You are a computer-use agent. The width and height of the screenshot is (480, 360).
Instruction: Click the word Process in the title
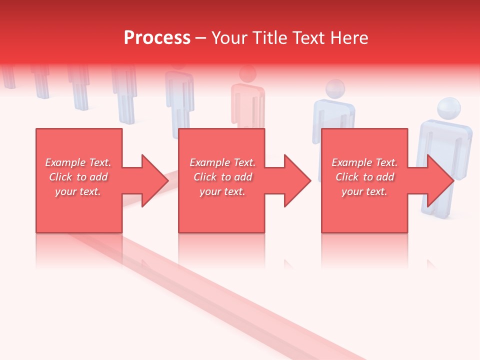coord(157,38)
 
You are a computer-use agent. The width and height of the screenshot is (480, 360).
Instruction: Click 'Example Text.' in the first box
coord(78,162)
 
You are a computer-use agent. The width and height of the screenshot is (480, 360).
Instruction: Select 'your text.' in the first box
coord(78,191)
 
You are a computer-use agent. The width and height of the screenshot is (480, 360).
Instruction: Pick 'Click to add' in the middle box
coord(222,177)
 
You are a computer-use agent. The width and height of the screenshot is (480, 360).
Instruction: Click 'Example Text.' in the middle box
coord(222,162)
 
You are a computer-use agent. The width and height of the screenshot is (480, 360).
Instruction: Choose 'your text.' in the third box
coord(364,191)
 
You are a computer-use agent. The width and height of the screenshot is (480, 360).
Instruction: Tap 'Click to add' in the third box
coord(364,177)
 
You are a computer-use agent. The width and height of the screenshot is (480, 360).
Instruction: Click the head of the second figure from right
coord(335,89)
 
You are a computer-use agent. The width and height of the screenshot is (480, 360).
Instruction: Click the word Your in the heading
coord(229,38)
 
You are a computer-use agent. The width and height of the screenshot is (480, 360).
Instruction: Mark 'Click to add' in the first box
coord(78,177)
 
